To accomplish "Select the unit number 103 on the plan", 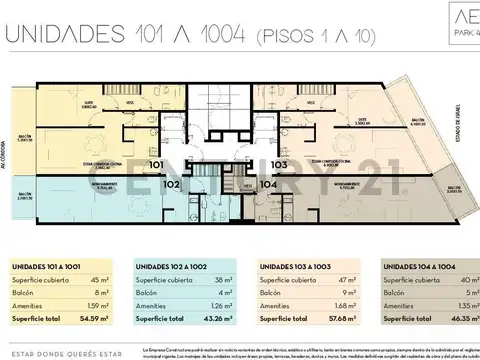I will (279, 164).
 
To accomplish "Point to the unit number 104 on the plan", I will (269, 185).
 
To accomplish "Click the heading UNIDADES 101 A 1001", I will (47, 269).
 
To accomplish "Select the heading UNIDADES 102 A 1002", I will (171, 269).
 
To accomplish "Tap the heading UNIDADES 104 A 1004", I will (419, 269).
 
